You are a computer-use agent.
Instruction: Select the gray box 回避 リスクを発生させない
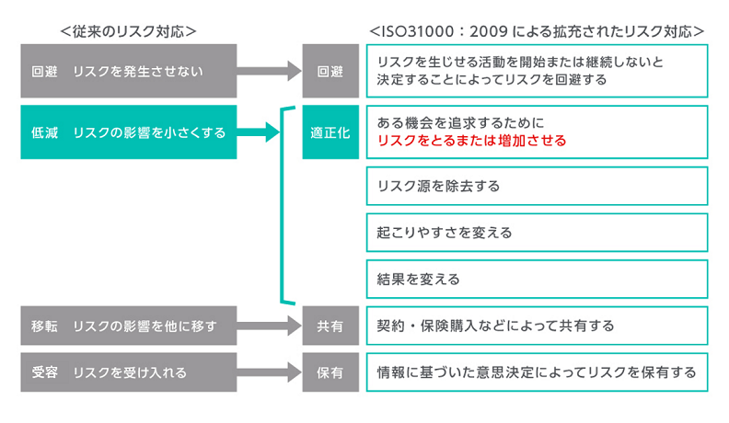point(128,71)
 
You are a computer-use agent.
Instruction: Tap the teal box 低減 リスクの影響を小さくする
point(128,132)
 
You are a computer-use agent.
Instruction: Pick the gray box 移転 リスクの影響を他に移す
point(128,326)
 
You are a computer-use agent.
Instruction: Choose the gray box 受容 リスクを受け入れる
point(128,372)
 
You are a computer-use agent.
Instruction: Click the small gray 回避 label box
point(330,71)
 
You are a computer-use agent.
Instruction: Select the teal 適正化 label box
point(330,132)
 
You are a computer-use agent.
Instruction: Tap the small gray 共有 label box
point(330,326)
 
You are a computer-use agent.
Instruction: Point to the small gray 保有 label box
point(330,372)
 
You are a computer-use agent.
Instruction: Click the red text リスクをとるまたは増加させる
point(471,142)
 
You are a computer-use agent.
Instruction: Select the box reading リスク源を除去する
point(537,186)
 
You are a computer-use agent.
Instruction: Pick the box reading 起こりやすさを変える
point(537,232)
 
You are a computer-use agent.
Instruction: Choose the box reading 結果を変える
point(537,278)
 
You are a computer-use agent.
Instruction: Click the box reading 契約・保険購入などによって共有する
point(537,326)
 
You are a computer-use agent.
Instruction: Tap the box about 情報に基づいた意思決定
point(537,372)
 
